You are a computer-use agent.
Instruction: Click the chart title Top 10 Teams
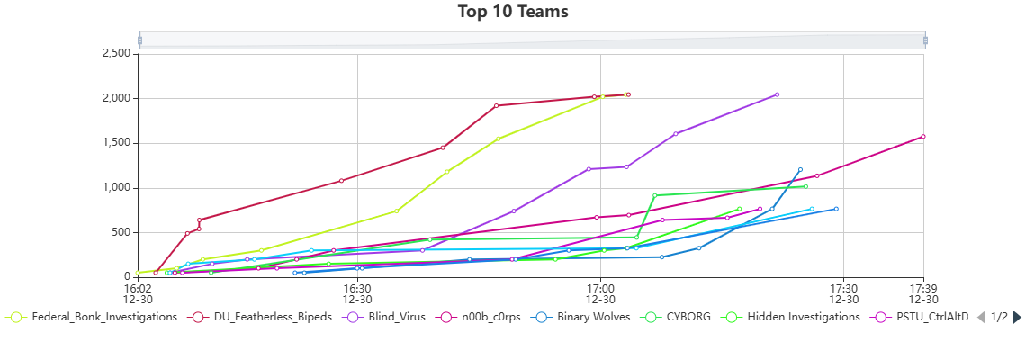[513, 12]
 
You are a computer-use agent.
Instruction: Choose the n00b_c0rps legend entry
[477, 317]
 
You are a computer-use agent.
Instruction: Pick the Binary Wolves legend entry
[585, 317]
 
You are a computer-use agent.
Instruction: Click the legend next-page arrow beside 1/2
[1017, 317]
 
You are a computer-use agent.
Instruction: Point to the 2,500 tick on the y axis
[115, 54]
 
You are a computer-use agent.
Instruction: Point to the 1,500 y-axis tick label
[115, 143]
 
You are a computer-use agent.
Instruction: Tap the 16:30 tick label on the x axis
[357, 293]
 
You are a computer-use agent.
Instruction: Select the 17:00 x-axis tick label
[600, 293]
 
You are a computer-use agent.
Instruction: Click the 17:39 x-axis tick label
[923, 293]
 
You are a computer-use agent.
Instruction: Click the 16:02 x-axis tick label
[138, 293]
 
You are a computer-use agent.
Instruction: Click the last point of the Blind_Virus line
[777, 94]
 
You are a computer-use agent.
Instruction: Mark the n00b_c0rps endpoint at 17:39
[923, 137]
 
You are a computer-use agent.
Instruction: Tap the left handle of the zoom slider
[139, 40]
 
